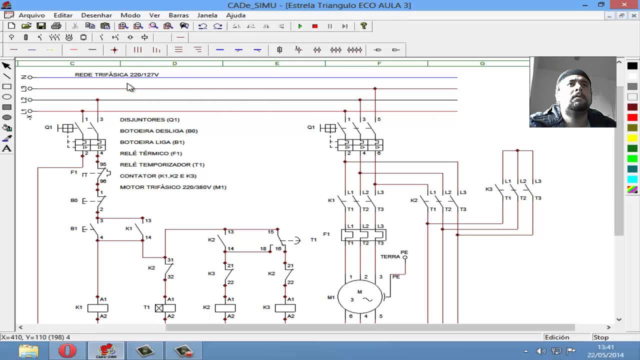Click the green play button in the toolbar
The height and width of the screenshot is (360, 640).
[300, 26]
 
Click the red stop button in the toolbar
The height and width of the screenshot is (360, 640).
[315, 26]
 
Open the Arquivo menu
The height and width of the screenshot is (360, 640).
[31, 15]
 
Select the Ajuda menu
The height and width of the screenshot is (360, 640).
[235, 15]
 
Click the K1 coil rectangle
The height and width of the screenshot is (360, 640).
[97, 308]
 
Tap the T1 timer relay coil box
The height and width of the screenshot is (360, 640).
[165, 308]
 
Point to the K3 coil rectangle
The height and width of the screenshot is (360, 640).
[285, 308]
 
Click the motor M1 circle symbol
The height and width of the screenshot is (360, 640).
[359, 297]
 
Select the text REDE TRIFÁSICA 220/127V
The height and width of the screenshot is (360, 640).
[116, 74]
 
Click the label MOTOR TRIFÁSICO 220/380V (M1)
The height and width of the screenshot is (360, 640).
[173, 187]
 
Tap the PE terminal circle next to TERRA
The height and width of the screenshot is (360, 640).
[405, 257]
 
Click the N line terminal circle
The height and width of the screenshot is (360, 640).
[30, 77]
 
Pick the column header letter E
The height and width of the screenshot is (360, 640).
[276, 63]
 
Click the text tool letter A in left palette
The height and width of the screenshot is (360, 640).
[7, 148]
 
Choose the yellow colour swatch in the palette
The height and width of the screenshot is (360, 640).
[632, 138]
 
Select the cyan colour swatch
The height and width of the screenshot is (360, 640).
[632, 179]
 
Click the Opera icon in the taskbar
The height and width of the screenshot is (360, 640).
[67, 351]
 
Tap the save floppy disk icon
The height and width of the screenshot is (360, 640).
[41, 26]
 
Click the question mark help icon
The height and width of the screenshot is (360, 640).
[363, 26]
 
